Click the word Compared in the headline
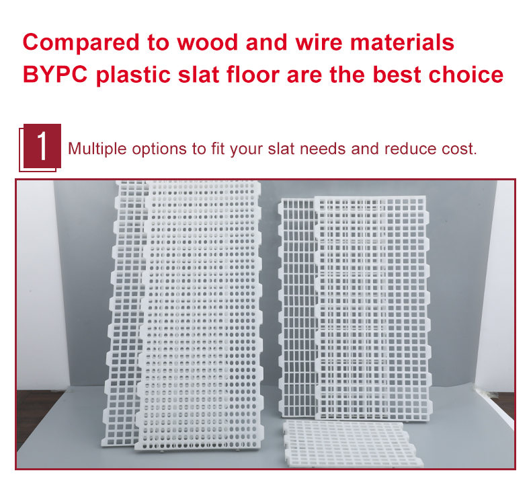(x=81, y=42)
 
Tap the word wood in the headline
(x=207, y=42)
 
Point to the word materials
(x=402, y=42)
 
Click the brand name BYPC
(x=55, y=75)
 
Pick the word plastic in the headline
(x=133, y=75)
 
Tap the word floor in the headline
(x=253, y=75)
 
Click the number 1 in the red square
(x=42, y=146)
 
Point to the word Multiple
(x=97, y=149)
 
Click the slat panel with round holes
(x=201, y=316)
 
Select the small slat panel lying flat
(x=352, y=443)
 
